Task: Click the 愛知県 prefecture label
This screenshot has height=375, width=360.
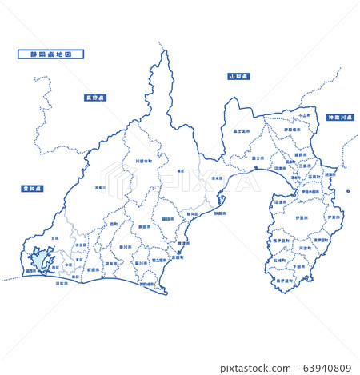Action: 33,189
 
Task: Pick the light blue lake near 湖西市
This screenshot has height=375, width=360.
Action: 40,259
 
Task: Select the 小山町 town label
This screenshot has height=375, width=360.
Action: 302,115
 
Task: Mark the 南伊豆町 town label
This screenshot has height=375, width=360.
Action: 284,281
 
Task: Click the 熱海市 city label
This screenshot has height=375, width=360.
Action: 330,174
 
